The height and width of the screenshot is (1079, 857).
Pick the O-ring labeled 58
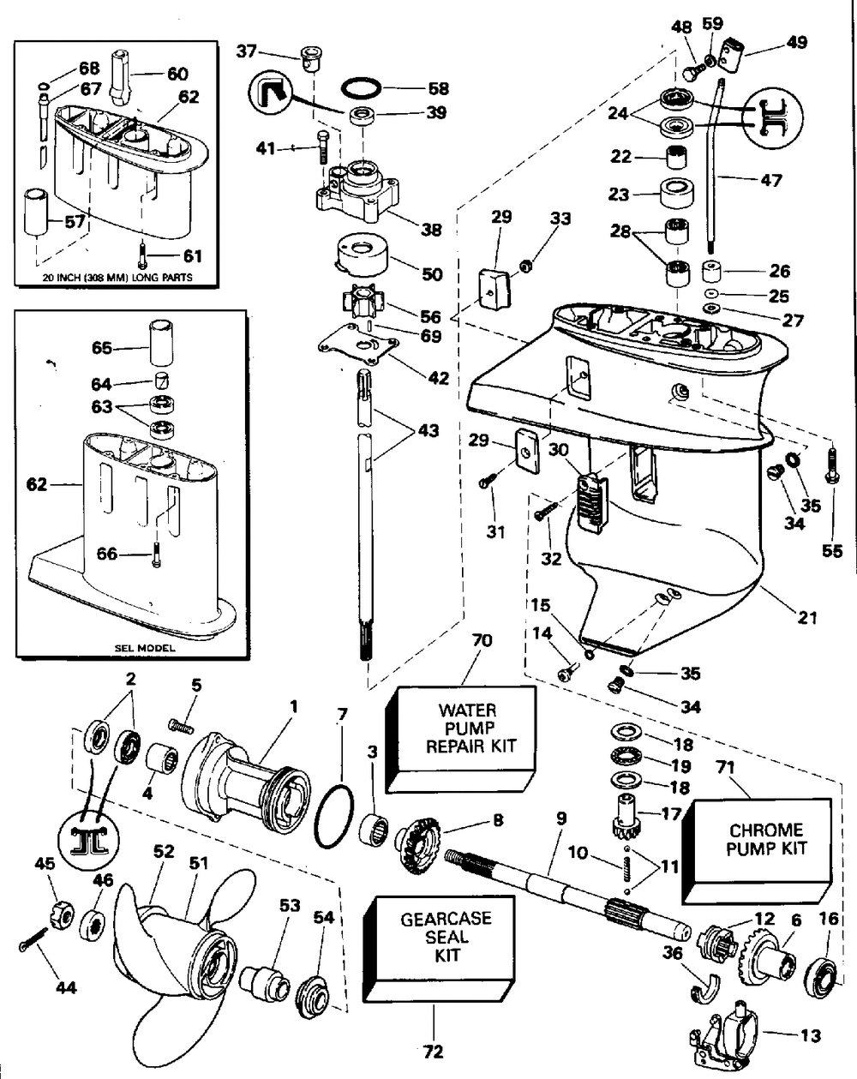[363, 87]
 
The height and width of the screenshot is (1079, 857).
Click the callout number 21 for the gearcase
[806, 616]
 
